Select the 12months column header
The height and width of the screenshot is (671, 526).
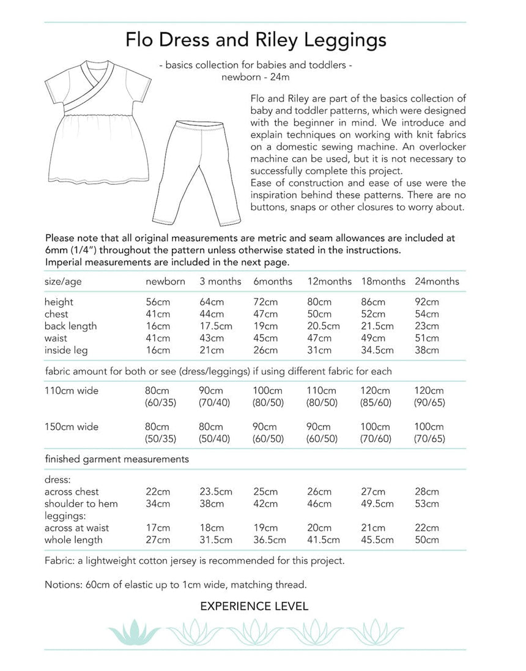pyautogui.click(x=329, y=281)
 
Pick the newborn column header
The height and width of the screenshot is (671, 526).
pyautogui.click(x=165, y=281)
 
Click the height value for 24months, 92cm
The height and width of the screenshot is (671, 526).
pyautogui.click(x=427, y=302)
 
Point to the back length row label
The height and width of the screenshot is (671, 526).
pyautogui.click(x=70, y=326)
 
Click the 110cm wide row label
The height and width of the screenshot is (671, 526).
pyautogui.click(x=71, y=390)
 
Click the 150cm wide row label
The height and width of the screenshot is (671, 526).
pyautogui.click(x=71, y=426)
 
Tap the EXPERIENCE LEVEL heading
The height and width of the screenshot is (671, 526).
pyautogui.click(x=254, y=607)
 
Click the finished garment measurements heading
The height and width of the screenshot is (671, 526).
pyautogui.click(x=116, y=458)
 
